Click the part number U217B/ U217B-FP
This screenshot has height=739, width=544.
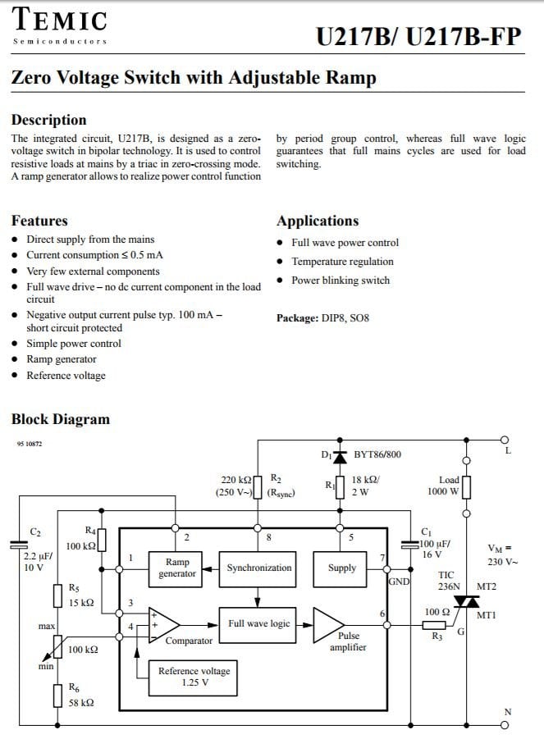[x=418, y=37]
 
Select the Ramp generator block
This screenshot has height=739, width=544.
[x=176, y=569]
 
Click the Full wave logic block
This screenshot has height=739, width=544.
[x=258, y=625]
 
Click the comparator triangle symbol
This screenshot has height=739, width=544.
[x=164, y=625]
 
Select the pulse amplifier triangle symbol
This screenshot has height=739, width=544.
[x=329, y=625]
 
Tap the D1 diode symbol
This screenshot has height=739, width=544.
[x=340, y=457]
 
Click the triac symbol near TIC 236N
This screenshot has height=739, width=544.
[x=466, y=601]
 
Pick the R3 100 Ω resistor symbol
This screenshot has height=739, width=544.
[x=434, y=626]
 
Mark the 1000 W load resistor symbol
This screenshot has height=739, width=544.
[x=466, y=487]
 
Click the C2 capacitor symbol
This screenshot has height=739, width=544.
[x=19, y=545]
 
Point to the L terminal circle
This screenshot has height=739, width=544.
[x=505, y=440]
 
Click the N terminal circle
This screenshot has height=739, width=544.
[x=505, y=725]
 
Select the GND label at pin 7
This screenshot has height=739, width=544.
[x=399, y=582]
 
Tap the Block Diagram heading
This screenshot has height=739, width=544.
[x=61, y=419]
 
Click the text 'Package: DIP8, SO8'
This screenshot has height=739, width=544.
[x=322, y=318]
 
